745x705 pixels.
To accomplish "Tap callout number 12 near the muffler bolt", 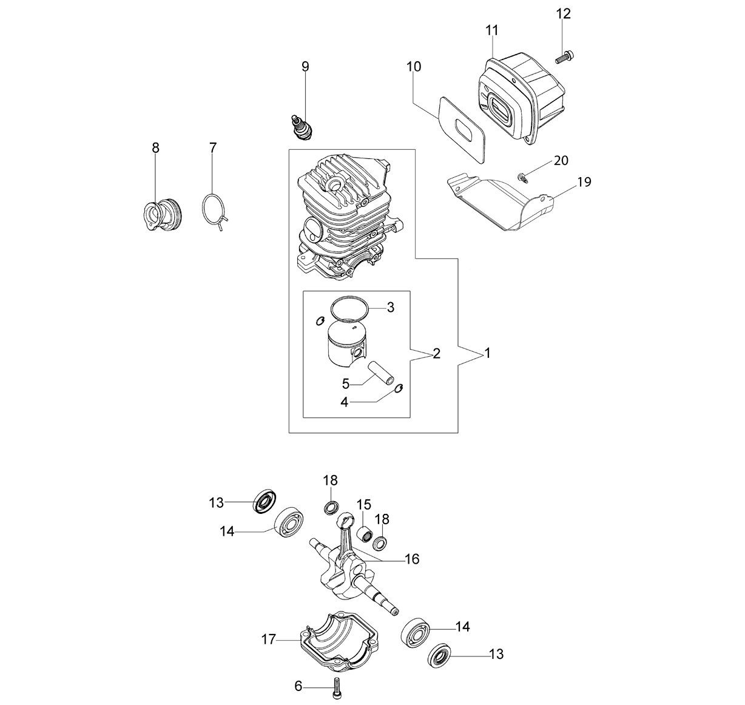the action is pyautogui.click(x=563, y=14).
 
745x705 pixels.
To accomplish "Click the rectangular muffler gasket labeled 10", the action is pyautogui.click(x=463, y=130).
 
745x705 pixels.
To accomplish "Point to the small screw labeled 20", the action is pyautogui.click(x=522, y=177).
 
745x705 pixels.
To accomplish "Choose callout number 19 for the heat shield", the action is pyautogui.click(x=584, y=182).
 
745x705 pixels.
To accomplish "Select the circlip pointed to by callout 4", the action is pyautogui.click(x=399, y=388).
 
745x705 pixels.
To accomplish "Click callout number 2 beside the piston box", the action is pyautogui.click(x=437, y=353).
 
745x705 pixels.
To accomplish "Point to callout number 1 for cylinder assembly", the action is pyautogui.click(x=488, y=353).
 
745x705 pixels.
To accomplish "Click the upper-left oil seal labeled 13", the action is pyautogui.click(x=265, y=501).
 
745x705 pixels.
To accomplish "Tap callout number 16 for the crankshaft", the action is pyautogui.click(x=413, y=559).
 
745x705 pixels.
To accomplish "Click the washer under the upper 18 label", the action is pyautogui.click(x=332, y=508).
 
